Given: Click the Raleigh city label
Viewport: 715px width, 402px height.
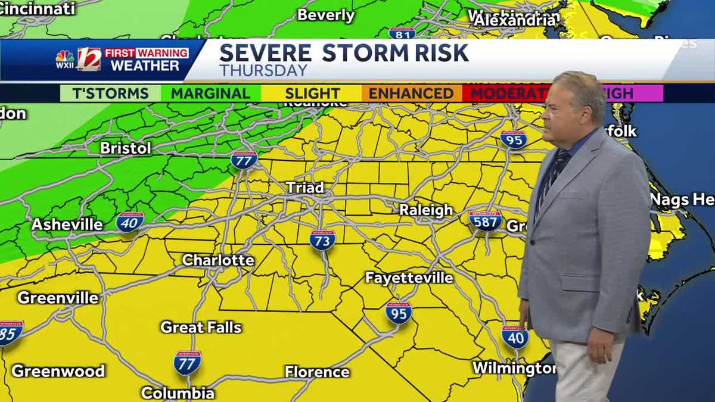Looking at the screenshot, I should (x=425, y=210).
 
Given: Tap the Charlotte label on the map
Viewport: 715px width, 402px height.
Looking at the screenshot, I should (x=218, y=260).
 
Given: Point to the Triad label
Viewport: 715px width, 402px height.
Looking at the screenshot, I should (x=305, y=188).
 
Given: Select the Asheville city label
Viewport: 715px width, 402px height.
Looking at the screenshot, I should (x=67, y=225).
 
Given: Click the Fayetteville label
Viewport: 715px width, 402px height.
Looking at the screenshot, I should (x=409, y=278).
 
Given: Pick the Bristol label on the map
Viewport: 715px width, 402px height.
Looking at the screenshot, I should (x=126, y=148).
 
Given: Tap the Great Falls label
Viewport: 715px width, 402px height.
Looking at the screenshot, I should (x=201, y=327).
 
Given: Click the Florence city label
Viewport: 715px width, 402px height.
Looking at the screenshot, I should (x=317, y=372).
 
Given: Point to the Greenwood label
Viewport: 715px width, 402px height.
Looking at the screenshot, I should (x=58, y=370).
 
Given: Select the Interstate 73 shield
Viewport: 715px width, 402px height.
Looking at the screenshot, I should (x=322, y=239).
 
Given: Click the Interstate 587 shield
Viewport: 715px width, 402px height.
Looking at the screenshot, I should (x=485, y=220).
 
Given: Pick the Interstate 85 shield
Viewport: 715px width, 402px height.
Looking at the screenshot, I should (x=10, y=333).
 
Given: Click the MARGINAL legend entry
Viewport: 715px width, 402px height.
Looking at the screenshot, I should (x=210, y=94).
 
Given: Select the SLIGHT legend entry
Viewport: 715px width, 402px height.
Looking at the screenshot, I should (x=312, y=94).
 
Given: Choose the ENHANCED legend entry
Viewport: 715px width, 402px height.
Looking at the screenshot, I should (x=411, y=94).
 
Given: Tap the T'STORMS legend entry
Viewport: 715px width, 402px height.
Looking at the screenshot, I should (x=110, y=94).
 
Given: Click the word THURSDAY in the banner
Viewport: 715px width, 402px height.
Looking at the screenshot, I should (x=263, y=70).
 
